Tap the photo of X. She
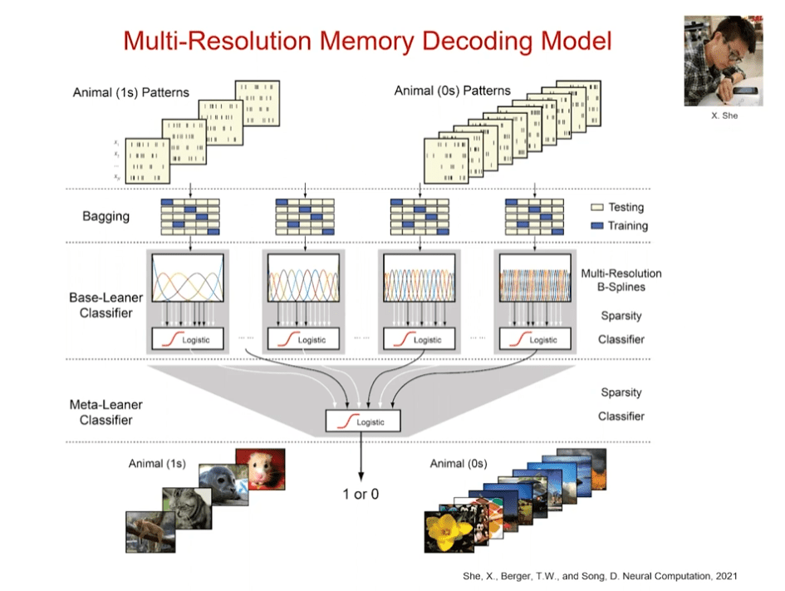click(724, 63)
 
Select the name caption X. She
click(724, 116)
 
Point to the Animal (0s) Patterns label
click(452, 91)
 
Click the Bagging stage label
click(105, 216)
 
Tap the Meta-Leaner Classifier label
click(105, 412)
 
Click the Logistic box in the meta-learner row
click(363, 421)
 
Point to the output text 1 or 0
click(361, 494)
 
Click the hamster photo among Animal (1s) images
click(259, 469)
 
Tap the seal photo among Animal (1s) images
click(223, 486)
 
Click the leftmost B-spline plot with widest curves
click(191, 278)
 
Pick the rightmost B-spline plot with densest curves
click(534, 278)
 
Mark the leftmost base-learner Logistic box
click(190, 339)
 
